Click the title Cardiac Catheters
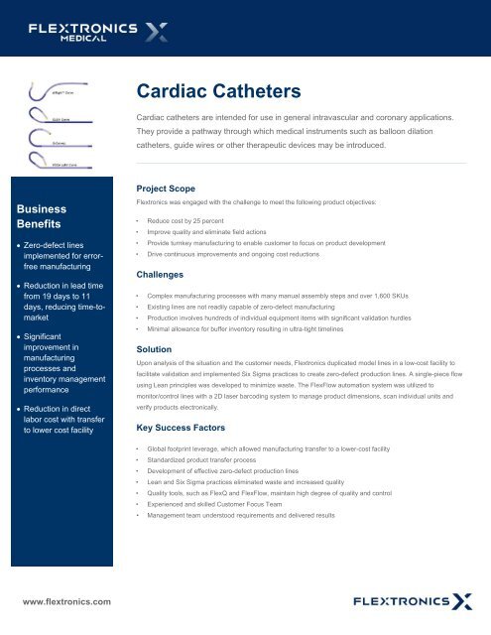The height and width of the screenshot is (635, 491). (216, 91)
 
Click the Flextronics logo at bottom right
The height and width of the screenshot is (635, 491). (414, 600)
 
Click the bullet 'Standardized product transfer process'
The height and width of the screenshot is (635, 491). (208, 462)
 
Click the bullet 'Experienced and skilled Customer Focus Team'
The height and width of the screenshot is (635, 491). (223, 502)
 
